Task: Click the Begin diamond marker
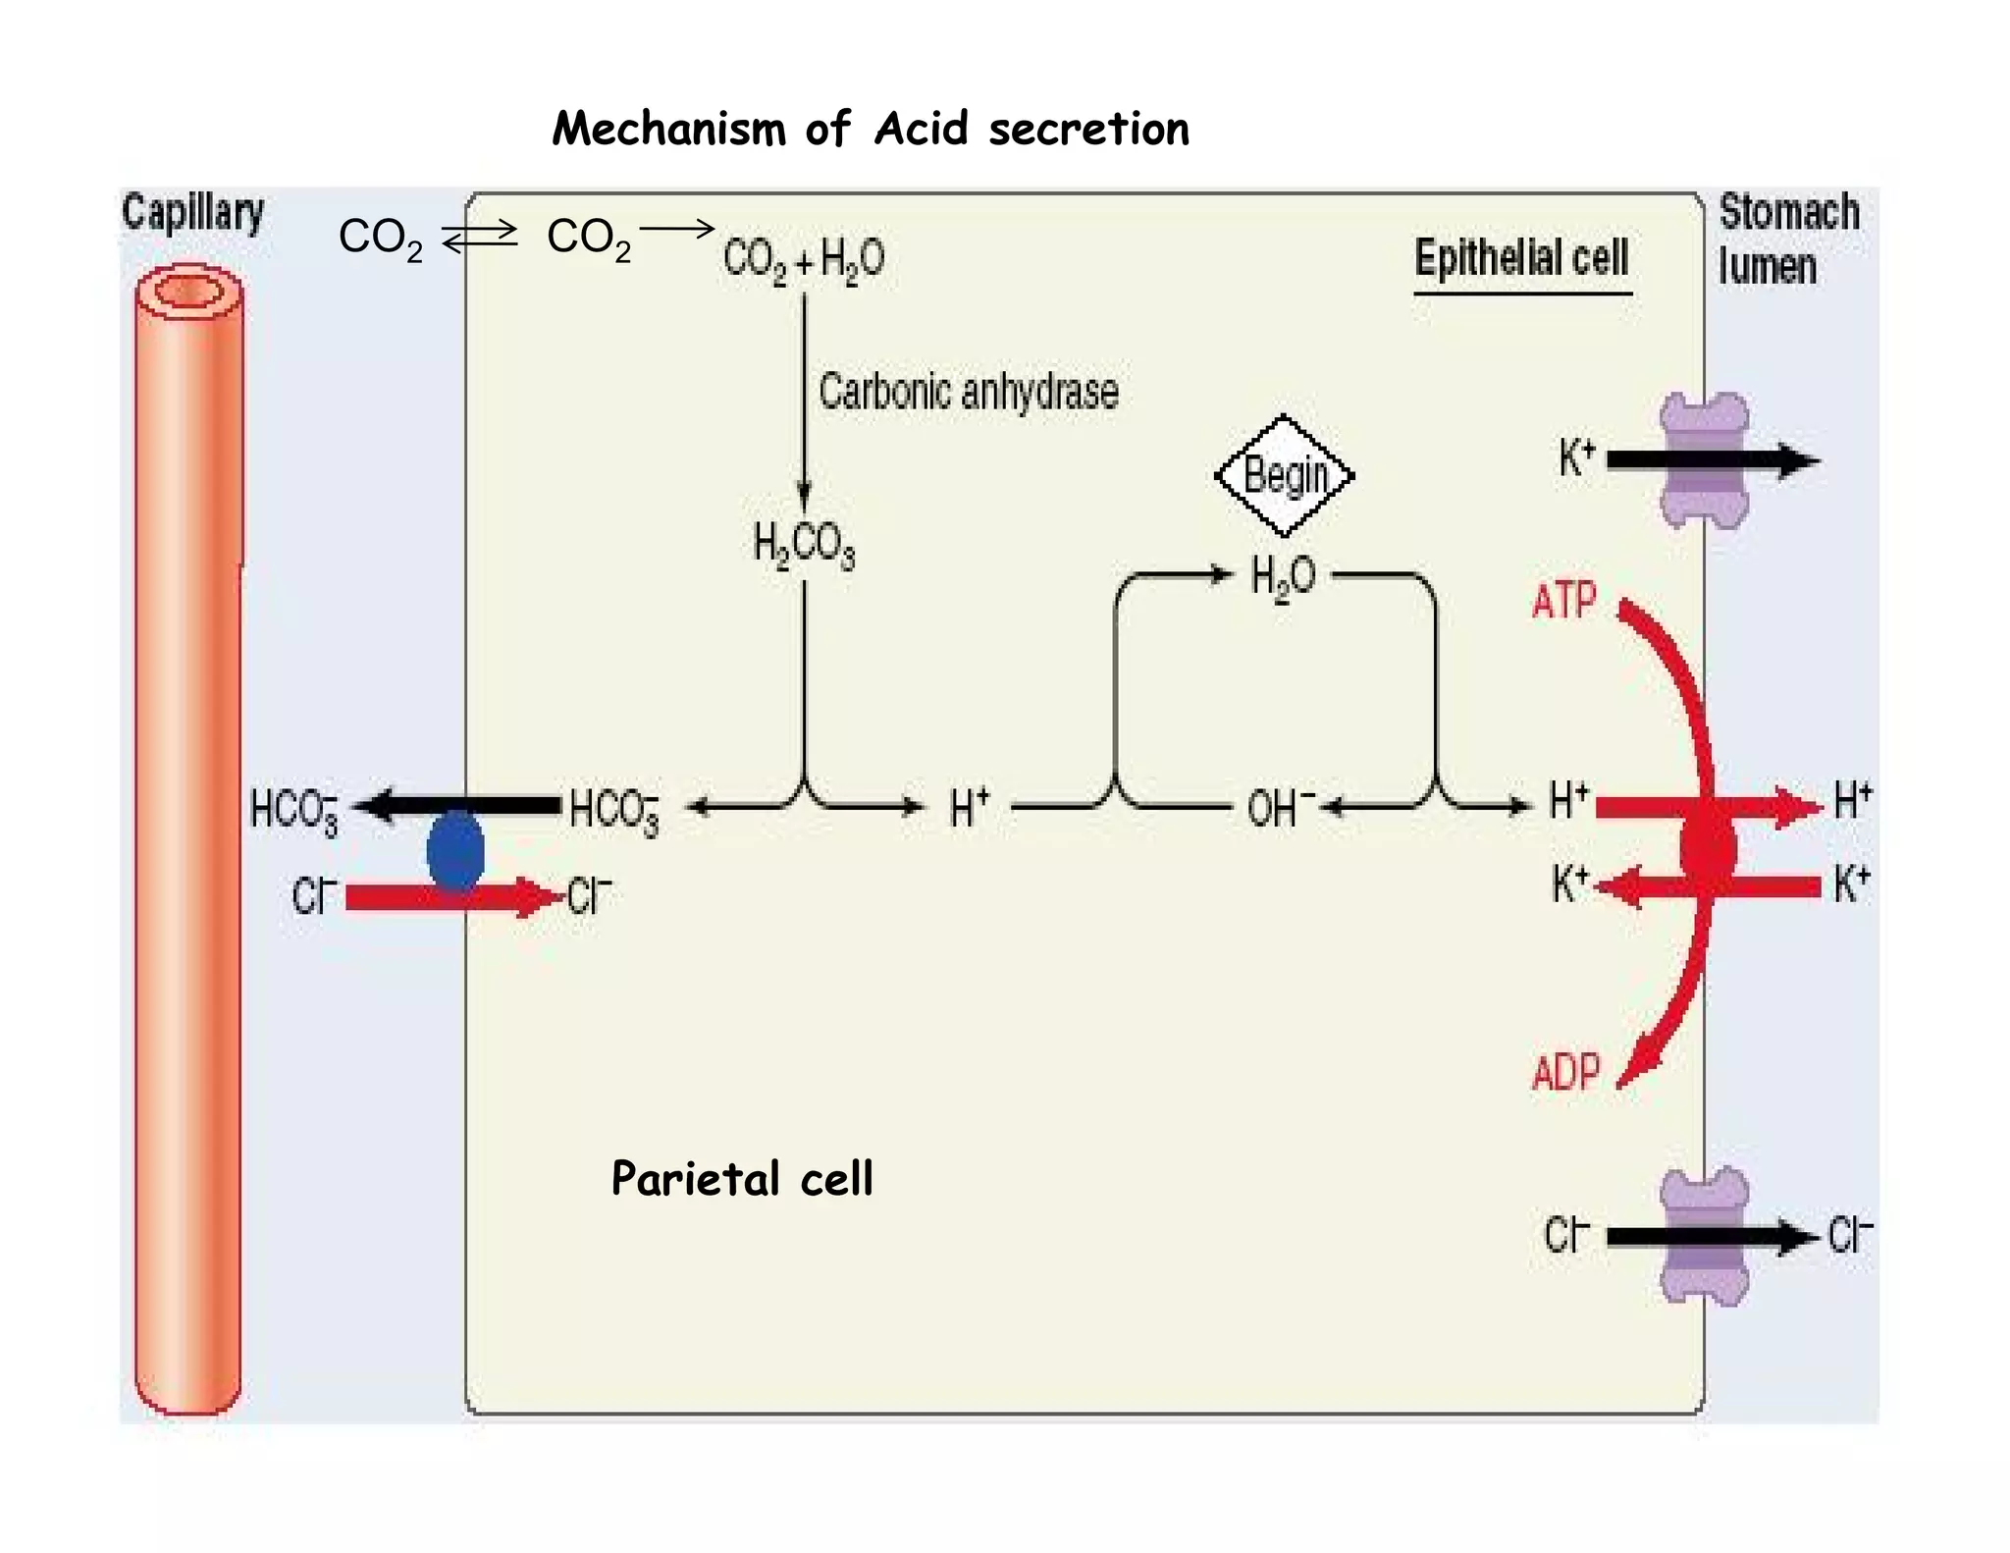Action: point(1284,475)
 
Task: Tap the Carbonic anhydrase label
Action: point(968,391)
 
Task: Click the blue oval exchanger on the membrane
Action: point(455,852)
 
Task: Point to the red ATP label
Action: point(1564,600)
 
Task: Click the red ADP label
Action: point(1566,1072)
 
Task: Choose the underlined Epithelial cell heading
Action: point(1521,259)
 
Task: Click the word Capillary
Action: point(192,212)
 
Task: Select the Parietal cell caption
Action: point(741,1178)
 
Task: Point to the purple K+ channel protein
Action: point(1704,460)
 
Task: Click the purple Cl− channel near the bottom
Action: point(1704,1236)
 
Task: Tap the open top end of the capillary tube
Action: point(188,292)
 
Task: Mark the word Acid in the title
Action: point(921,129)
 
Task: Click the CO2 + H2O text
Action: point(803,260)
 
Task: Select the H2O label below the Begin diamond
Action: point(1283,577)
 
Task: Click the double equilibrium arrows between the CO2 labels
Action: point(479,237)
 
